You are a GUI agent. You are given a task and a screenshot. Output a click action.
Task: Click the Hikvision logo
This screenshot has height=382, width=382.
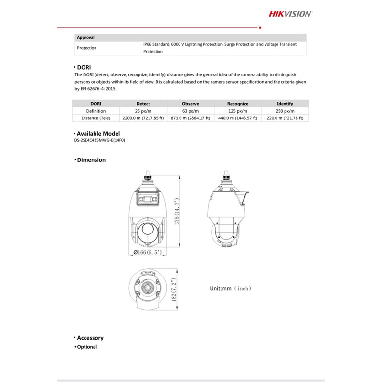point(290,14)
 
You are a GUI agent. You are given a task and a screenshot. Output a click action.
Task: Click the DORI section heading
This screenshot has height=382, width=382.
point(84,67)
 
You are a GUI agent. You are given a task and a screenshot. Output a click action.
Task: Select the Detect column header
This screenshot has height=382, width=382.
point(143,104)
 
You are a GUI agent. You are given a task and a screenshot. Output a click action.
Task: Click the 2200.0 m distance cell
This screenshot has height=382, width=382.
point(143,118)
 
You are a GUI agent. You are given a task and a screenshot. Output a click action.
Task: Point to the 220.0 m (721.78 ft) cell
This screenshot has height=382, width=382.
point(285,118)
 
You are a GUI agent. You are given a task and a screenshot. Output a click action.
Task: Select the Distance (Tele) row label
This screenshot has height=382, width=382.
point(95,118)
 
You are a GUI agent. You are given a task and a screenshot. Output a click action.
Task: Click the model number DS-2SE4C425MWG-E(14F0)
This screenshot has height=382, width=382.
point(103,140)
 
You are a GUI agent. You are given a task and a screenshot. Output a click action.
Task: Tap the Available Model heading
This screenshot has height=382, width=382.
point(98,134)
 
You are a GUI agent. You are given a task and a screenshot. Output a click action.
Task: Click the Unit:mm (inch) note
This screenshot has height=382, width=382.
point(230,288)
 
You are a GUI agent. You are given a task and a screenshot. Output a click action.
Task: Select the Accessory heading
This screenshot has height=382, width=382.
point(90,338)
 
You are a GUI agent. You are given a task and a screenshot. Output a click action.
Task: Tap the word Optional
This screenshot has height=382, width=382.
point(87,347)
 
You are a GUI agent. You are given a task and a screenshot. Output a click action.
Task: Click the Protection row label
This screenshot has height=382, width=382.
point(86,48)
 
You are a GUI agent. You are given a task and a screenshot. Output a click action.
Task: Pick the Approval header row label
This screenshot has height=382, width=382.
point(85,37)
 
